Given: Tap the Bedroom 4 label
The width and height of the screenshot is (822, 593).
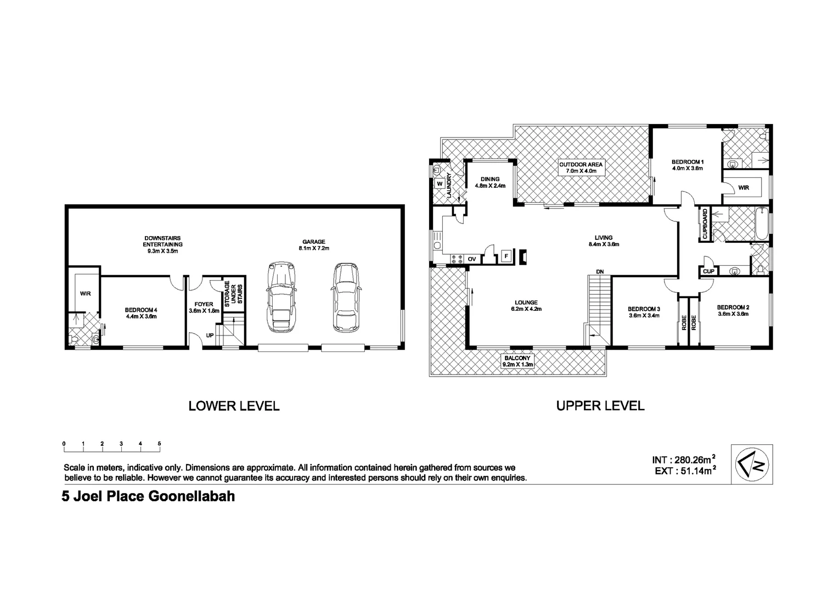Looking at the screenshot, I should tap(141, 313).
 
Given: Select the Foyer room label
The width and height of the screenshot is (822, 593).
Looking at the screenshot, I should tap(204, 307).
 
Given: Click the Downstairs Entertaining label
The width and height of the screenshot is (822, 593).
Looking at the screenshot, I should tap(162, 244).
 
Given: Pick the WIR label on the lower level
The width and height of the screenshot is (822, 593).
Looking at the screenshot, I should tap(85, 294).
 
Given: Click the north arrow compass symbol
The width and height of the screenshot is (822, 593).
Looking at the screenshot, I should tap(752, 463).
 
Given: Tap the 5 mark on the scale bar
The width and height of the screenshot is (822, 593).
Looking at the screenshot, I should tap(159, 443).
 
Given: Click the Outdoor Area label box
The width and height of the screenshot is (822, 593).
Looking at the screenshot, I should tap(581, 167).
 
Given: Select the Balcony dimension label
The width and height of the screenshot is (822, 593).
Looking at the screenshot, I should tap(517, 361).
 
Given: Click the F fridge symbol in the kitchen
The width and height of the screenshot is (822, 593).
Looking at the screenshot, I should tap(506, 256).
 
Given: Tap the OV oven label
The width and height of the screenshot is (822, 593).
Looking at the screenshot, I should tap(472, 259).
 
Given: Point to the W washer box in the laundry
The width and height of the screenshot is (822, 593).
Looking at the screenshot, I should tap(440, 184).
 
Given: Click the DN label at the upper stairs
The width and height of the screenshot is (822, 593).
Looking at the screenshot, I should tap(600, 272).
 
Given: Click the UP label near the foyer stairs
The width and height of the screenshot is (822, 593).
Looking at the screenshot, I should tap(210, 335).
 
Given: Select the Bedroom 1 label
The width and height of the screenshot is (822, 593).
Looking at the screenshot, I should tap(688, 165).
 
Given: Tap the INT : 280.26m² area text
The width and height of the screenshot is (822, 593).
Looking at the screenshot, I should tap(683, 460).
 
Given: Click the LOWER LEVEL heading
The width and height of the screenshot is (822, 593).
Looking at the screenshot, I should tap(234, 406).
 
